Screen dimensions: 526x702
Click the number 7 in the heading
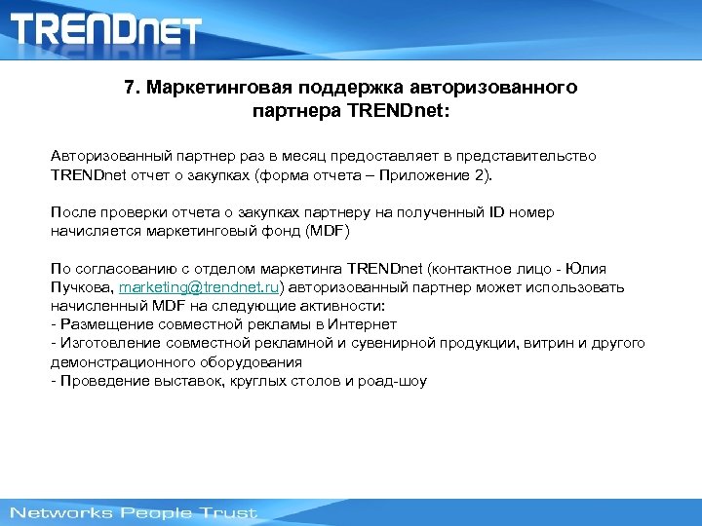pyautogui.click(x=131, y=88)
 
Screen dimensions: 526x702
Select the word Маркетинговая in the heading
pyautogui.click(x=210, y=88)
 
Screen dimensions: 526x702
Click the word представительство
pyautogui.click(x=534, y=157)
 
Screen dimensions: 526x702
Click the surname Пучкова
pyautogui.click(x=82, y=288)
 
